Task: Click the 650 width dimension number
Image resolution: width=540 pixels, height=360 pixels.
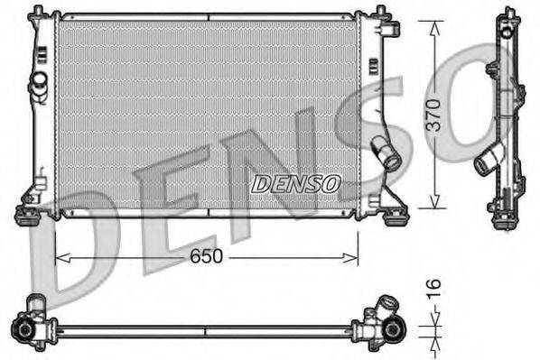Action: pos(207,257)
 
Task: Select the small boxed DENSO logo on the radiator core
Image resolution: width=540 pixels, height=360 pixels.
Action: pos(295,184)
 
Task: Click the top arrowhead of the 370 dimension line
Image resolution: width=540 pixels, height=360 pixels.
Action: pos(434,19)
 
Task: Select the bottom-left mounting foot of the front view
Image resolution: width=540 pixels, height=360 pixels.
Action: pos(27,214)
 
